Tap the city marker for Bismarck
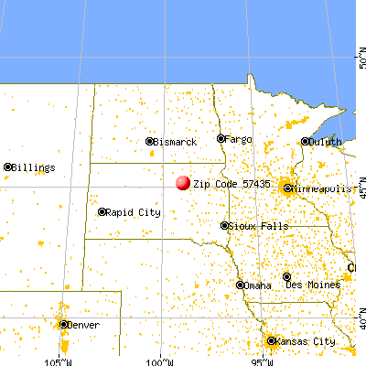point(151,142)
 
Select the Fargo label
point(239,139)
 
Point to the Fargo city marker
point(221,139)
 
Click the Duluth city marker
point(305,142)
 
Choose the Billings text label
point(35,167)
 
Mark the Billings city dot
point(8,167)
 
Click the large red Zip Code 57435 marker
point(183,182)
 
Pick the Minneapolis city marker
point(287,189)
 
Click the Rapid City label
point(135,212)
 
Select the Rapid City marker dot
point(102,212)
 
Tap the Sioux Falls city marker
point(225,225)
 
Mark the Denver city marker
point(63,324)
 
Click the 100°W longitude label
point(160,355)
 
